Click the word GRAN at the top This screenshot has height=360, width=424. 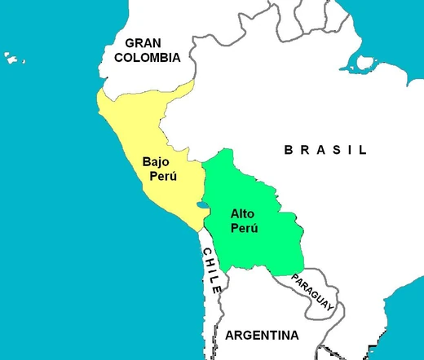(x=147, y=42)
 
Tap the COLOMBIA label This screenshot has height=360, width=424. (x=147, y=58)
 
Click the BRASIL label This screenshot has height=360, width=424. (x=325, y=150)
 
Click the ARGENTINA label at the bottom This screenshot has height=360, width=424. (x=262, y=335)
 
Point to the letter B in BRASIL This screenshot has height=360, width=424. (x=288, y=150)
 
